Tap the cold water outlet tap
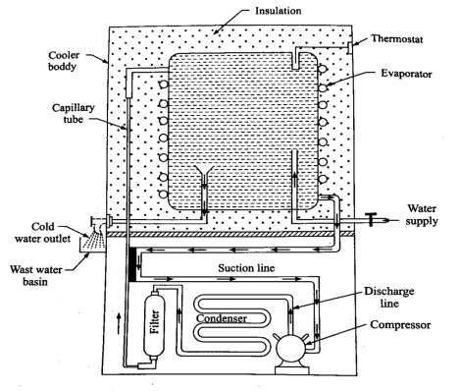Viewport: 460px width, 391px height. (97, 221)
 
